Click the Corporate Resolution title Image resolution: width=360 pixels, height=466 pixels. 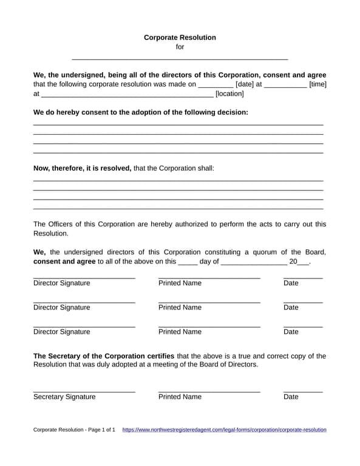[180, 38]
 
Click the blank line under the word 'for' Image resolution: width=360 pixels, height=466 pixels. [180, 58]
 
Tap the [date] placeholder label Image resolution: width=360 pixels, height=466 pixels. [245, 84]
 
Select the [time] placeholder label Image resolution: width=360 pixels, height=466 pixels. [318, 84]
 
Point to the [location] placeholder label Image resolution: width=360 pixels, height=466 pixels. [229, 94]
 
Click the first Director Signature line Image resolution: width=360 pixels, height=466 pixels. [84, 278]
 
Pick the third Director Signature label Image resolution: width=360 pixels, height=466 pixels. [61, 332]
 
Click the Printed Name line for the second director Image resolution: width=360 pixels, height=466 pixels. [209, 302]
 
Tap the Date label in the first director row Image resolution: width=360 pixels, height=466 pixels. [291, 283]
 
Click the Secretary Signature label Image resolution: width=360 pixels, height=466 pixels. [64, 397]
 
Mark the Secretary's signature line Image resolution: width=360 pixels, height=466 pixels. [84, 391]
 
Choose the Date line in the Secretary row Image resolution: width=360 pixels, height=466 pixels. [303, 391]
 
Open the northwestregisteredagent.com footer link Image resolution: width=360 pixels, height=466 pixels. [224, 430]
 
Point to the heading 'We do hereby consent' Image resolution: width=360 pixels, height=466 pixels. [140, 112]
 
